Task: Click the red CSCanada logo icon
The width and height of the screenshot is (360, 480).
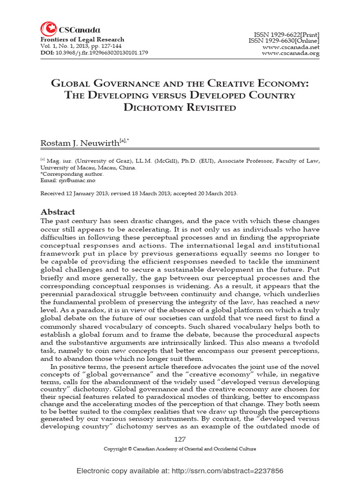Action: click(47, 29)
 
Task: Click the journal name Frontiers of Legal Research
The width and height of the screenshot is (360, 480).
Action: click(82, 39)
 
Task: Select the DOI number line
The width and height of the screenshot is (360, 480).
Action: click(94, 52)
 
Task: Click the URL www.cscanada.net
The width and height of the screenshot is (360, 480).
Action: click(291, 47)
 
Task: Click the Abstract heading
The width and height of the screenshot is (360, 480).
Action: click(58, 212)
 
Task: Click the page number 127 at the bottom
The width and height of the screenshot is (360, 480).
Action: click(180, 439)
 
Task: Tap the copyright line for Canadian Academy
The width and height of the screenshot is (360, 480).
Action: click(180, 449)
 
